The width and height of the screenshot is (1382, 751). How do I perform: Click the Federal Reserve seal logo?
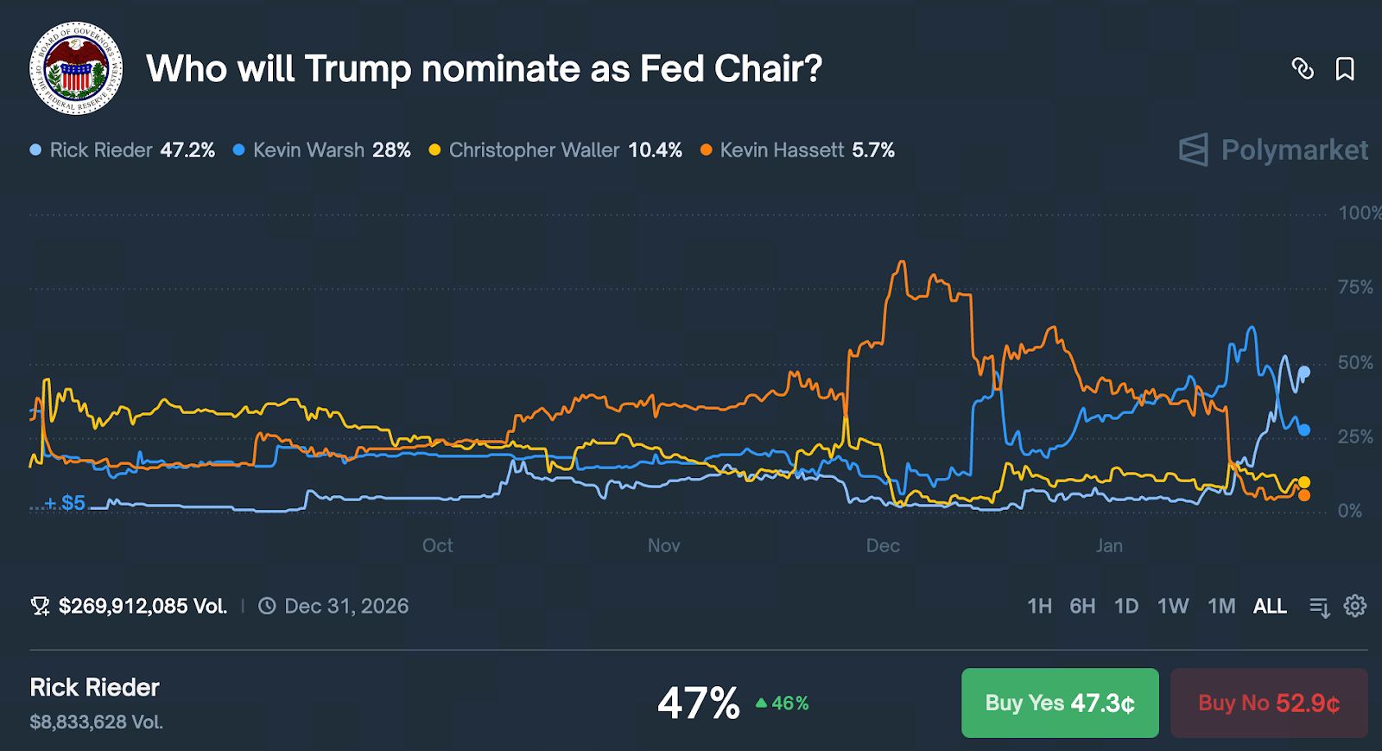point(76,68)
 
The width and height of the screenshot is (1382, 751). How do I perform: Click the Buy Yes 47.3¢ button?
point(1060,703)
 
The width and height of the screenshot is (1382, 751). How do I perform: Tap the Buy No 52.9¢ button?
point(1269,703)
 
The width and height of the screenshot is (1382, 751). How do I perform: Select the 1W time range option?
point(1173,606)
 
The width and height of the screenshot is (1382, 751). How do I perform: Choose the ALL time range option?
point(1270,606)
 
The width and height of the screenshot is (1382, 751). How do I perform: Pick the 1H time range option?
point(1040,606)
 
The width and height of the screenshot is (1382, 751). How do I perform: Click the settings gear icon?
point(1355,606)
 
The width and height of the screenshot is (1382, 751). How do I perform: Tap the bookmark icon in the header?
point(1345,69)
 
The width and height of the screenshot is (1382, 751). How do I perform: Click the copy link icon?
point(1303,69)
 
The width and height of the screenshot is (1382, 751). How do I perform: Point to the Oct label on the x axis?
point(437,545)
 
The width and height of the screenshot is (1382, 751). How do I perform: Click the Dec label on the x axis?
point(883,545)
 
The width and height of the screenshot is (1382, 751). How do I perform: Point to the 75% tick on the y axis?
point(1355,287)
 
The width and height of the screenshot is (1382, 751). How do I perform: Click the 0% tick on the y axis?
point(1350,511)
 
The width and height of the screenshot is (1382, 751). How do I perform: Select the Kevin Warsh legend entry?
point(321,150)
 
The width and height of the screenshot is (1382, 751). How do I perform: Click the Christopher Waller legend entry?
point(555,150)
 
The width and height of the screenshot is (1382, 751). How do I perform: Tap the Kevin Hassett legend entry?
point(797,150)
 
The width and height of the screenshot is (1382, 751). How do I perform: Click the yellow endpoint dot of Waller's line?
point(1304,482)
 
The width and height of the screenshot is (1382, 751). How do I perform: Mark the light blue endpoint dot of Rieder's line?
point(1304,372)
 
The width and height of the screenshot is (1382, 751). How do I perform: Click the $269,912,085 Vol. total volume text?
point(143,606)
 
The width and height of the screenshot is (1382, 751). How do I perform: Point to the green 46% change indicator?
point(783,703)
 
